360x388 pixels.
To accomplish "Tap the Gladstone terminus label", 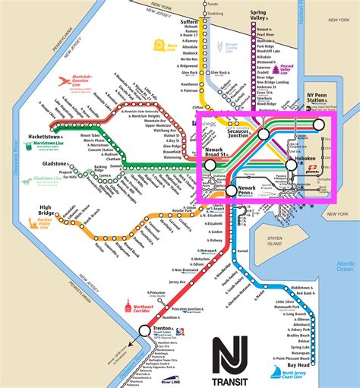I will coord(19,162).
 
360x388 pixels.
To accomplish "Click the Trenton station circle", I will coord(145,309).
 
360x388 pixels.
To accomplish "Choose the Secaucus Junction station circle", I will coord(263,134).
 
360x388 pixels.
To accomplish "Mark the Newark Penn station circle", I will coord(231,191).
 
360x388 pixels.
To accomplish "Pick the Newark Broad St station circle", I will coord(210,164).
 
